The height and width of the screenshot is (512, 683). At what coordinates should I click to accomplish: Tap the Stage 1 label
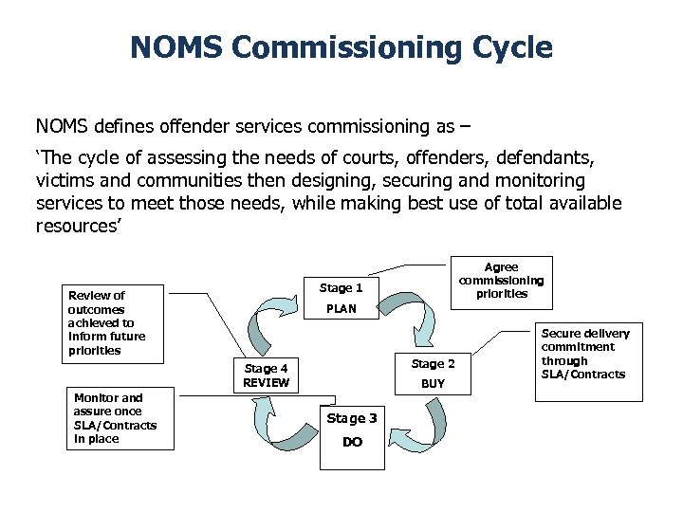[341, 287]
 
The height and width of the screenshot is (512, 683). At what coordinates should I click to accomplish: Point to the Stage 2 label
[433, 364]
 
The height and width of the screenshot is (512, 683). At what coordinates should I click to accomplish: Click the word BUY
[433, 384]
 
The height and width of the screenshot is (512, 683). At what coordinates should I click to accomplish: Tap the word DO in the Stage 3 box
[352, 443]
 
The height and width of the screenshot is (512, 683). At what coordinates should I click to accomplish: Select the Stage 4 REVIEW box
[266, 375]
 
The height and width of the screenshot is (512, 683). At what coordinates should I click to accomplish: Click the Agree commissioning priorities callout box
[501, 281]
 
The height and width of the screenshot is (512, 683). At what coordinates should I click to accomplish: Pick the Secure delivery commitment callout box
[585, 361]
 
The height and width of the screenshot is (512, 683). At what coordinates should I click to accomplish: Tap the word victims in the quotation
[61, 180]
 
